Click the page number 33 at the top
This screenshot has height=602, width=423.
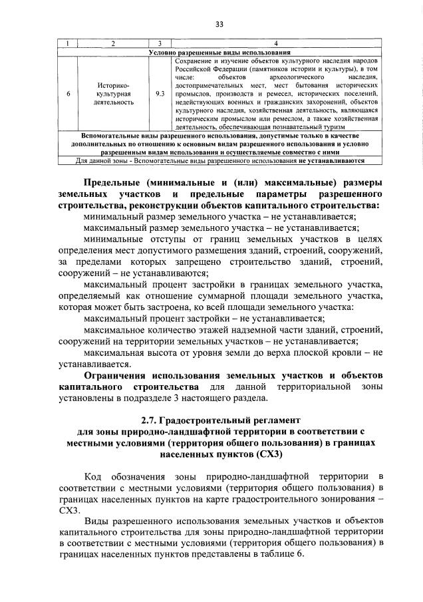tap(219, 25)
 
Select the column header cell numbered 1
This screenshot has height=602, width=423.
tap(67, 44)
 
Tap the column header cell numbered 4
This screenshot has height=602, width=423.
tap(275, 44)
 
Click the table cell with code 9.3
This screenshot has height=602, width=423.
tap(159, 94)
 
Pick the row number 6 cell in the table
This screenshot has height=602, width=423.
tap(67, 94)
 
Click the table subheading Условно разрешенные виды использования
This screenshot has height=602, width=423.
tap(219, 52)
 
